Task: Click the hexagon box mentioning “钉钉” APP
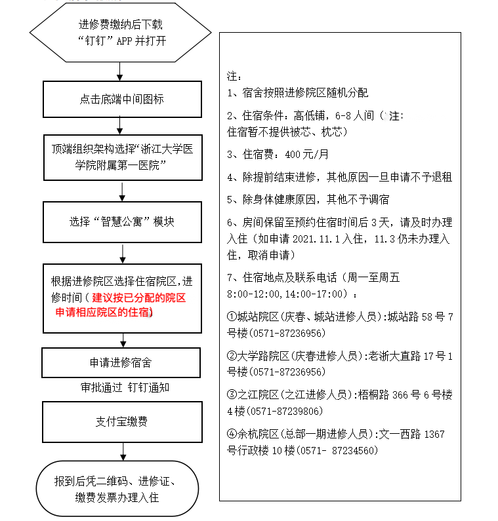[121, 32]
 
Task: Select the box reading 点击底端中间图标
[121, 100]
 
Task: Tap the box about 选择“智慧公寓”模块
[121, 222]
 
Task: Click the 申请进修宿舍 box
[121, 362]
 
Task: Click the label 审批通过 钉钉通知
[121, 387]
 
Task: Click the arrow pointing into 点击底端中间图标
[119, 71]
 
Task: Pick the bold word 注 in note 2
[394, 116]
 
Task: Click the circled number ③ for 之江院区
[232, 395]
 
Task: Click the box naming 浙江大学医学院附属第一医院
[121, 157]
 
